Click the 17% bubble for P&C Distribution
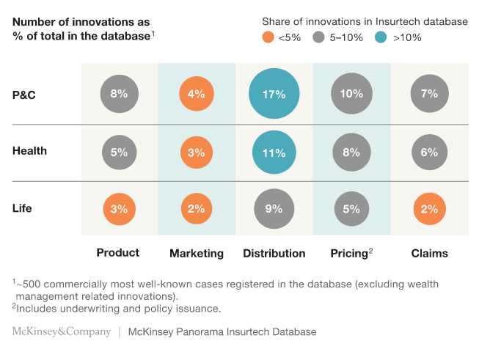click(274, 93)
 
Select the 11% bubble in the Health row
click(274, 153)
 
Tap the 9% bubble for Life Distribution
click(274, 209)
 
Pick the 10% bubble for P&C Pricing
click(351, 93)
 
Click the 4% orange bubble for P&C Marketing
click(196, 93)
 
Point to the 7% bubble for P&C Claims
click(429, 93)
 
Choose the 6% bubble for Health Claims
click(429, 153)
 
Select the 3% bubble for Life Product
click(119, 209)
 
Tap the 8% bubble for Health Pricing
click(351, 153)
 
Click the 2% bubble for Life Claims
click(429, 209)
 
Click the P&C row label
click(25, 94)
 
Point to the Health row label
click(29, 151)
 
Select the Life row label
click(22, 208)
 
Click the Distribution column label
click(274, 254)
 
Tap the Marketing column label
click(196, 254)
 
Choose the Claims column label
click(429, 254)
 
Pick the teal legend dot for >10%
click(381, 37)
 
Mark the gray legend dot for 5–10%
click(318, 37)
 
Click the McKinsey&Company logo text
click(61, 332)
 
